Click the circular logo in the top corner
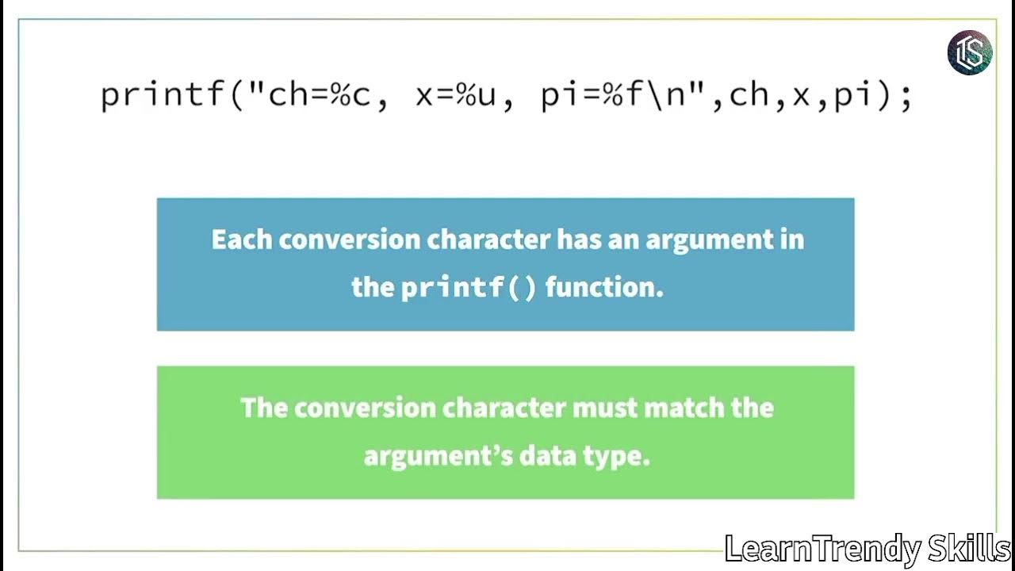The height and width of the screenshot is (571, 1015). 970,52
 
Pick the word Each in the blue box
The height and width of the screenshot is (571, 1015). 241,240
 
